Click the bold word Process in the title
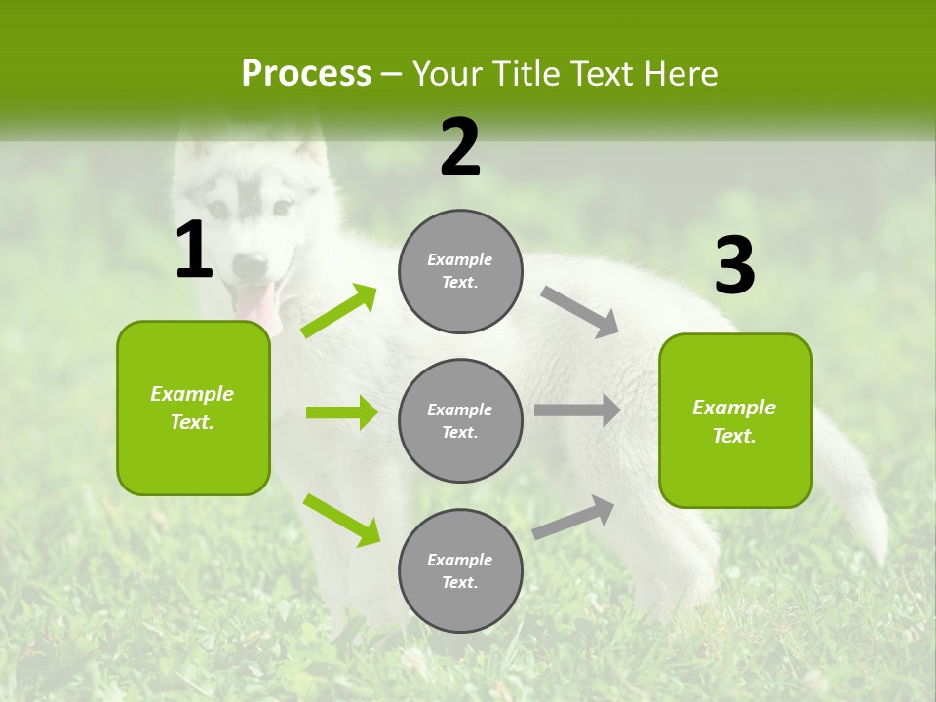click(x=306, y=74)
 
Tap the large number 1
click(x=194, y=252)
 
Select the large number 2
click(x=460, y=147)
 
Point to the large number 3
click(x=734, y=265)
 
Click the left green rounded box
click(x=193, y=408)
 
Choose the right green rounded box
click(x=735, y=420)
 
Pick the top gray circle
click(x=460, y=271)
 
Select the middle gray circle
click(x=460, y=420)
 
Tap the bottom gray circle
click(x=460, y=570)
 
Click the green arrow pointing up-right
click(x=339, y=311)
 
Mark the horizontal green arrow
click(x=341, y=412)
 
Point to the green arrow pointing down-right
click(x=341, y=520)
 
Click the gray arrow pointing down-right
click(x=579, y=312)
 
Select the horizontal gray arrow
click(x=577, y=410)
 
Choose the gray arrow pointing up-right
click(x=573, y=517)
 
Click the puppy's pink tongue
click(x=257, y=303)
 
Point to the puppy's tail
click(x=858, y=497)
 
